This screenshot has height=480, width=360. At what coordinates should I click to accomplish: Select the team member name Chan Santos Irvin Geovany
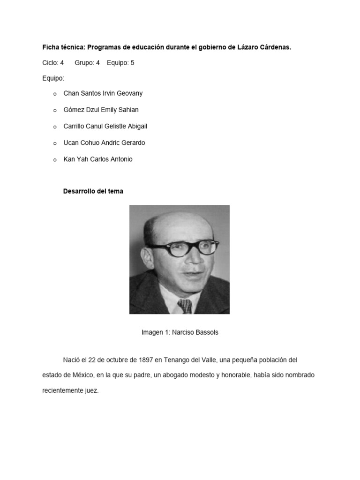point(103,93)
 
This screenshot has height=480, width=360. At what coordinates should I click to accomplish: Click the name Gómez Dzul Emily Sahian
point(101,110)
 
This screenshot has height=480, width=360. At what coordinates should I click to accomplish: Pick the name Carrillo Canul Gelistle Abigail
point(105,126)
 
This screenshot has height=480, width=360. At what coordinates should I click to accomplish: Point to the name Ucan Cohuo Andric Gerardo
point(104,142)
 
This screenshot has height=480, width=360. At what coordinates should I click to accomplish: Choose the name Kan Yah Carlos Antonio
point(98,159)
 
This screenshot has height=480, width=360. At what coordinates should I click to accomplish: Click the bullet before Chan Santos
point(54,94)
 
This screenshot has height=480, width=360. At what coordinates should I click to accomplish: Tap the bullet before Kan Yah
point(54,159)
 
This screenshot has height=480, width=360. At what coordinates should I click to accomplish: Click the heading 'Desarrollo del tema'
point(93,191)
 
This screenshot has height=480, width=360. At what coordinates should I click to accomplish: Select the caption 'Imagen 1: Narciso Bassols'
point(180,332)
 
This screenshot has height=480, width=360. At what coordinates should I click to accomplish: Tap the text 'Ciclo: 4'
point(53,62)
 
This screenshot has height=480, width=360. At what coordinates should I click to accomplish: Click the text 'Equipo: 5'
point(120,62)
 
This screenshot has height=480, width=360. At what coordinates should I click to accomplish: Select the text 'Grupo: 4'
point(87,62)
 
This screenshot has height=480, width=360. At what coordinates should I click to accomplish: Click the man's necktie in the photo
point(185,306)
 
